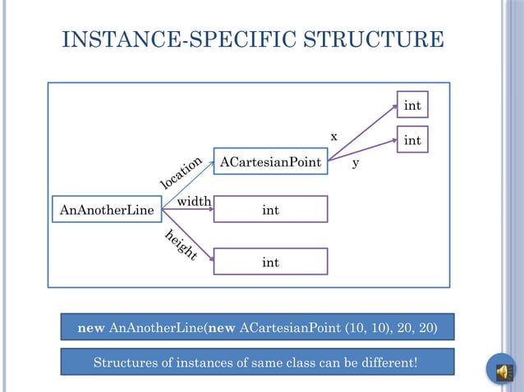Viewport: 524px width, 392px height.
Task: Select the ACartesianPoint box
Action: click(270, 162)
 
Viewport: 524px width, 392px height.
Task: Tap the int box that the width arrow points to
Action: click(270, 210)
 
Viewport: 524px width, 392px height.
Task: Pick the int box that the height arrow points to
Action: click(270, 262)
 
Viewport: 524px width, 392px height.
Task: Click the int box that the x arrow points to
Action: click(412, 106)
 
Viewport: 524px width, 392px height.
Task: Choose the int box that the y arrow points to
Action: click(412, 141)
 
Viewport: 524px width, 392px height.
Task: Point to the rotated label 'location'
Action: click(180, 171)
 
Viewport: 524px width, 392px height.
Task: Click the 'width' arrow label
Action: click(195, 201)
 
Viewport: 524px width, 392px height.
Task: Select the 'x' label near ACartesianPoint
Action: click(333, 136)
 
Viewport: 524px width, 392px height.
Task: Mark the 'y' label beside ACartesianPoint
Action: click(356, 163)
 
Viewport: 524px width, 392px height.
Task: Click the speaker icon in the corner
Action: click(499, 371)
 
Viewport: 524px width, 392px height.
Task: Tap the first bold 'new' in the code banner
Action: click(90, 328)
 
